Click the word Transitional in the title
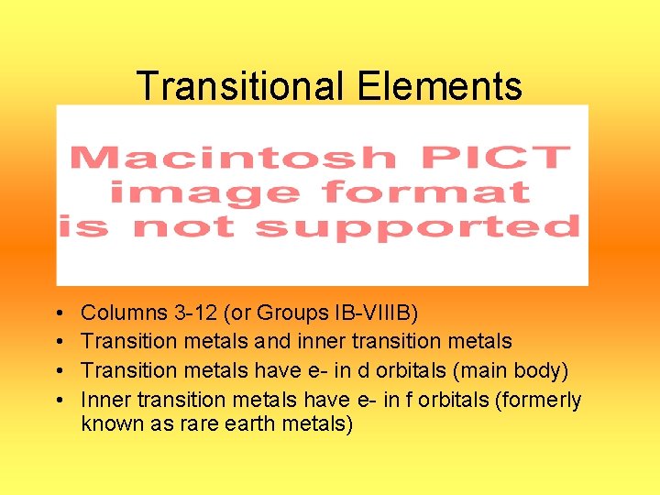coord(240,87)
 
